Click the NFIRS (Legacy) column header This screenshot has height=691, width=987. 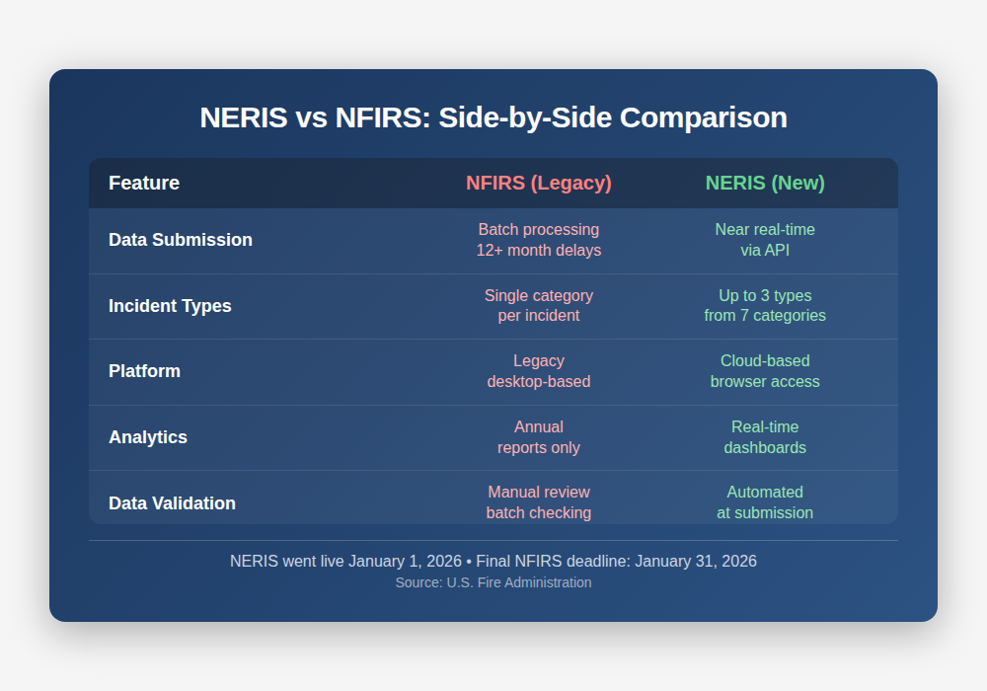tap(538, 183)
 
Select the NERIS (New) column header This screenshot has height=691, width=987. tap(765, 183)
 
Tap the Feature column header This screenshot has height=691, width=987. tap(144, 183)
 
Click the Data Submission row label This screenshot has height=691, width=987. tap(181, 240)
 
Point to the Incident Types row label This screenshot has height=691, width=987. tap(170, 306)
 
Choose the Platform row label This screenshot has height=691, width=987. tap(144, 371)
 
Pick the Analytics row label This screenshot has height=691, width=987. tap(148, 437)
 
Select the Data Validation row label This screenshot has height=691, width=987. tap(172, 503)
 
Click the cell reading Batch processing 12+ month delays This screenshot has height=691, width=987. tap(538, 240)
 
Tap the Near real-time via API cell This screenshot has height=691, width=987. tap(765, 240)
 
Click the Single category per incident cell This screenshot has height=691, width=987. tap(538, 306)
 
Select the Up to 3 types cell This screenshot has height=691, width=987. tap(765, 306)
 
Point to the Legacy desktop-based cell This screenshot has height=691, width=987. tap(538, 371)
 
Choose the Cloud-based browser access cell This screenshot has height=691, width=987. tap(765, 371)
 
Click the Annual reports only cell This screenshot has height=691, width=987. tap(538, 437)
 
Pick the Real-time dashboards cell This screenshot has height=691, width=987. tap(765, 437)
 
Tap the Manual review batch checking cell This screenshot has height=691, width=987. tap(538, 502)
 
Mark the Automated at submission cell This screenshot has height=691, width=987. tap(765, 502)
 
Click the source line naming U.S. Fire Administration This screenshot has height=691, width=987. tap(493, 582)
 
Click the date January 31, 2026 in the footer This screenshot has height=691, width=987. tap(696, 561)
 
